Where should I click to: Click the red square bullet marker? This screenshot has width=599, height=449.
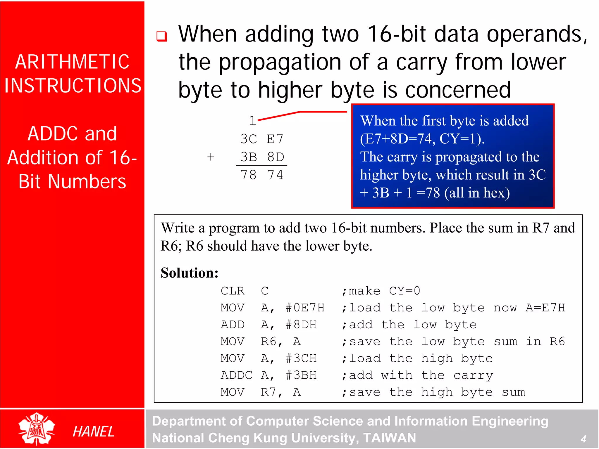(x=161, y=36)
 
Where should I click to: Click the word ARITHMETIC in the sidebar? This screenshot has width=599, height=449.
(x=72, y=62)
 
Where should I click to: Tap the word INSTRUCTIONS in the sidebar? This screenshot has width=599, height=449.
(x=73, y=86)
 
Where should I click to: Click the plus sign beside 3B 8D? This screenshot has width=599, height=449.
(x=211, y=157)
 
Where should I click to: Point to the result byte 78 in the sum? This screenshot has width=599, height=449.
(x=248, y=175)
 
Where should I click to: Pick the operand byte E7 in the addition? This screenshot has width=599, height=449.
(x=275, y=139)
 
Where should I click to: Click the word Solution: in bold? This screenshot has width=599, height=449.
(x=190, y=273)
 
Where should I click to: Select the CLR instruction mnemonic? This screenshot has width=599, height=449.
(x=233, y=291)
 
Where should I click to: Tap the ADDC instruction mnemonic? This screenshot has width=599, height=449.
(x=236, y=375)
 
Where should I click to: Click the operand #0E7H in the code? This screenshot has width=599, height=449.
(x=305, y=308)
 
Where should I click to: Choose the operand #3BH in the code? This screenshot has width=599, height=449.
(x=301, y=375)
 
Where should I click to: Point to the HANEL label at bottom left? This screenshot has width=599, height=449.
(x=93, y=431)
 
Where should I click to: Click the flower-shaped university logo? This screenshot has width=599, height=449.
(x=37, y=429)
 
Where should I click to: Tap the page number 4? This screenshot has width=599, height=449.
(x=583, y=438)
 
